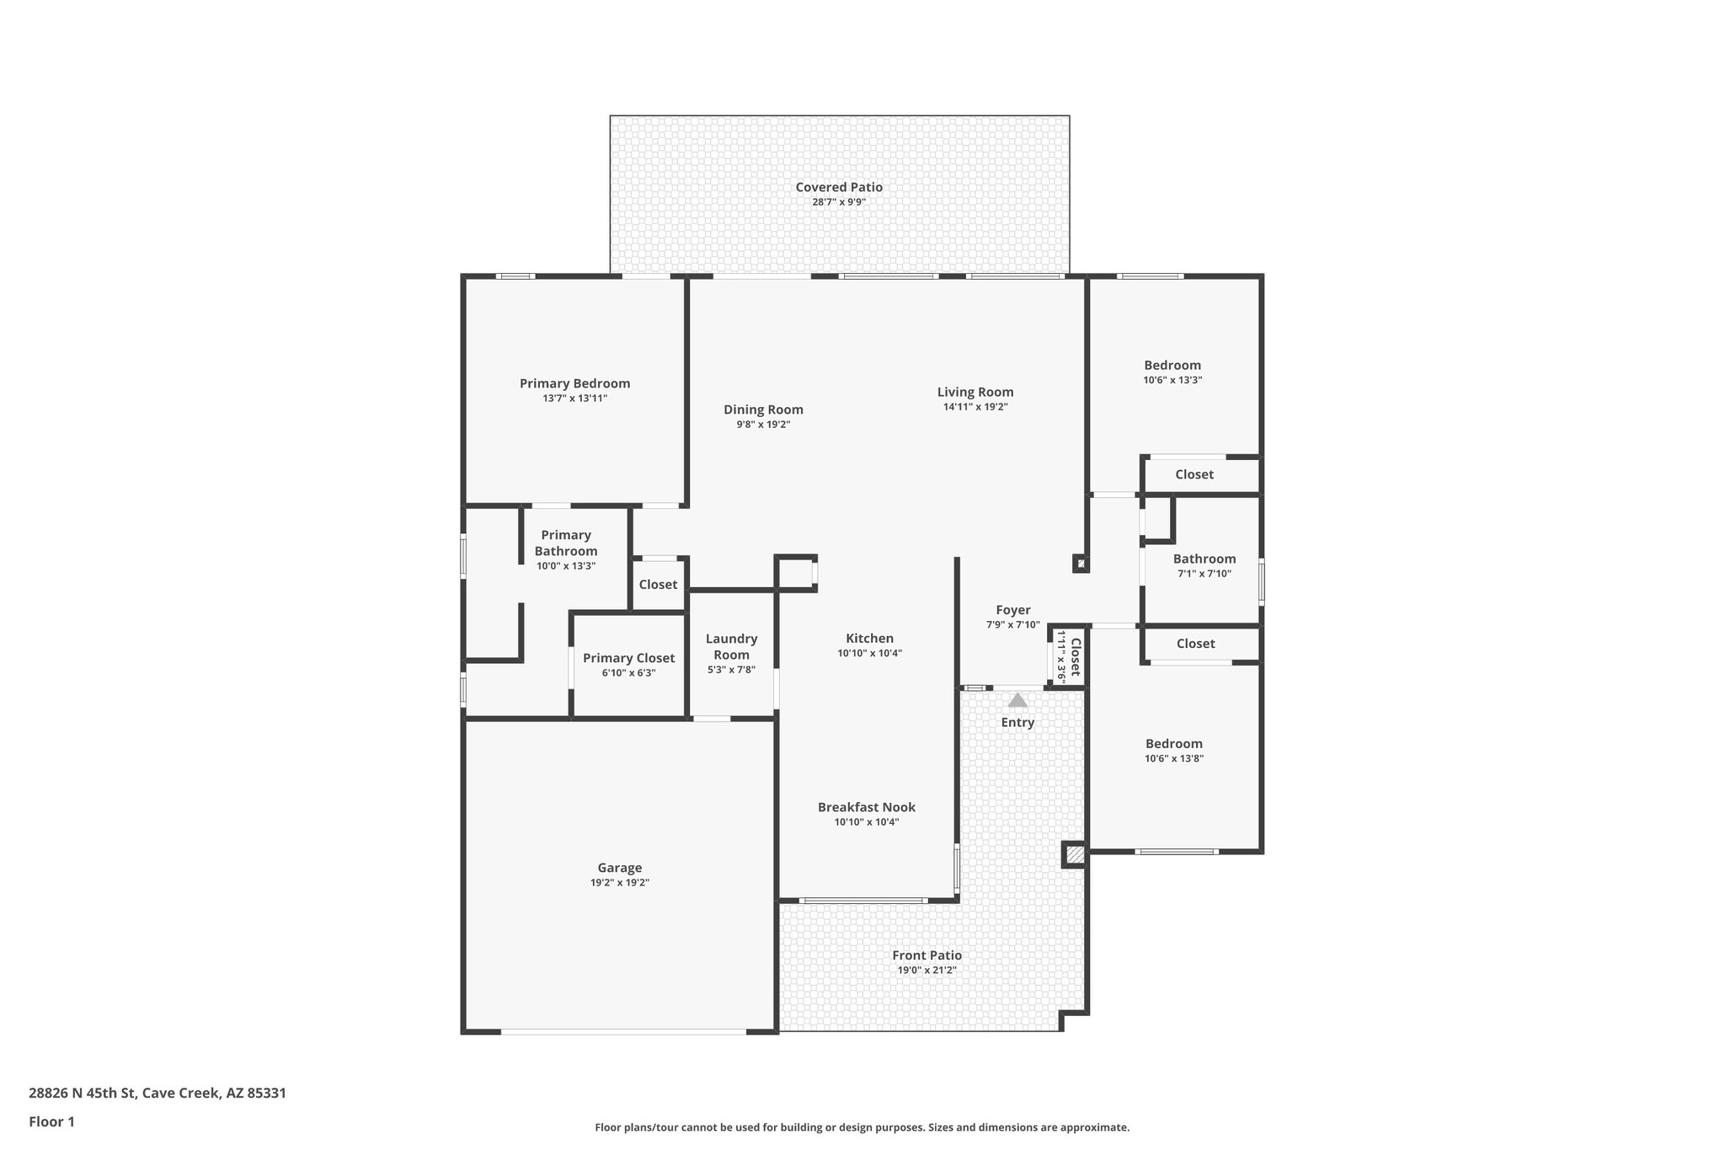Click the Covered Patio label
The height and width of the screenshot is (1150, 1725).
[x=839, y=187]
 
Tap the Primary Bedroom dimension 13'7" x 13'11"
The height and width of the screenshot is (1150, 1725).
[x=574, y=398]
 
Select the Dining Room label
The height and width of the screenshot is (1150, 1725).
[x=763, y=409]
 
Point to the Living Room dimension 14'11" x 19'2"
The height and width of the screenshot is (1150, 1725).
[x=975, y=407]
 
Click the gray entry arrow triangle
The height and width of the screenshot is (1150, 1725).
[x=1017, y=700]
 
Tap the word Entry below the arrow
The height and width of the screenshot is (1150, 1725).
[x=1017, y=722]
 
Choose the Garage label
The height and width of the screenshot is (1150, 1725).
[x=619, y=868]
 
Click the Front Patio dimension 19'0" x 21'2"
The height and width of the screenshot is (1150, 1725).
[x=927, y=971]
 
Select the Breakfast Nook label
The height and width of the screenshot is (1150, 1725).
[x=866, y=807]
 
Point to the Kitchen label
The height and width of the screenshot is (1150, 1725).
[x=869, y=639]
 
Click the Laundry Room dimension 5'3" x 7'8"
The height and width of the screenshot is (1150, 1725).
[x=731, y=670]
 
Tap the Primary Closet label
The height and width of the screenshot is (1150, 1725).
[x=628, y=658]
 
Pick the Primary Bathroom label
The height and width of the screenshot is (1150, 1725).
[x=566, y=543]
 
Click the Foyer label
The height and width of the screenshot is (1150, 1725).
[x=1012, y=610]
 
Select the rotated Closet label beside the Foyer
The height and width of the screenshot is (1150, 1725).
[x=1075, y=658]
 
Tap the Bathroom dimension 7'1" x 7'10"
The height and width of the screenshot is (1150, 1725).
[x=1204, y=574]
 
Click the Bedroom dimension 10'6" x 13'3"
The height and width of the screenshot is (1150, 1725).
[x=1172, y=380]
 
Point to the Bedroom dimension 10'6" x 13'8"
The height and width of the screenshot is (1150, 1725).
[x=1173, y=758]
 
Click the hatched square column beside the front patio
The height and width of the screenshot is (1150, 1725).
[x=1074, y=854]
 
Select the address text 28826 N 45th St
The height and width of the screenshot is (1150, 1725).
[x=82, y=1094]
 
